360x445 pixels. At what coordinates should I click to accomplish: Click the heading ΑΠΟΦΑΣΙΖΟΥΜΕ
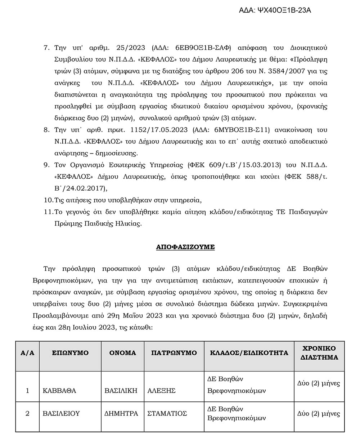(x=185, y=247)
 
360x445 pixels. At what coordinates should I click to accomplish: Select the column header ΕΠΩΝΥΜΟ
(x=70, y=353)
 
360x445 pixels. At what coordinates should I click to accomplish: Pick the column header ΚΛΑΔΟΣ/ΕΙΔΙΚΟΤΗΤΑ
(x=249, y=353)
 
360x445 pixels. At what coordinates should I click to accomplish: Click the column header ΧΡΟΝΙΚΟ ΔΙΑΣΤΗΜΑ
(x=319, y=353)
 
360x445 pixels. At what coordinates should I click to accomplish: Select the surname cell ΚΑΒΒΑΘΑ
(x=59, y=391)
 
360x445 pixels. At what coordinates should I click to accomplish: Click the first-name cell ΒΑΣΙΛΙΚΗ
(x=121, y=391)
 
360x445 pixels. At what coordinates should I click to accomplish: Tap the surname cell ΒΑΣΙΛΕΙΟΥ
(x=61, y=414)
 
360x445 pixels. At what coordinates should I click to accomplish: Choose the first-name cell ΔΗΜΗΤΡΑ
(x=121, y=414)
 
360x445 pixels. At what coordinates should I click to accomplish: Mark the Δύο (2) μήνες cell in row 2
(x=319, y=414)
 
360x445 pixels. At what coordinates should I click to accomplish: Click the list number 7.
(x=46, y=48)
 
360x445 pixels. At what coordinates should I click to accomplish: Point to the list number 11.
(x=48, y=212)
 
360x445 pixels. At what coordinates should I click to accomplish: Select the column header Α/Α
(x=28, y=353)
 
